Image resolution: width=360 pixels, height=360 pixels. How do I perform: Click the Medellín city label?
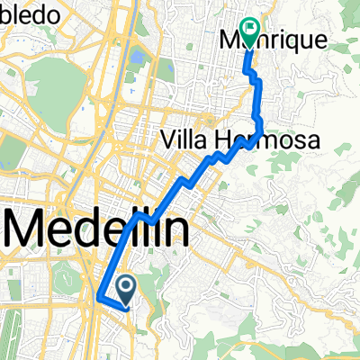(99, 230)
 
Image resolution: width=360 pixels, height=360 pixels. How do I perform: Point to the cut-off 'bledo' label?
(31, 15)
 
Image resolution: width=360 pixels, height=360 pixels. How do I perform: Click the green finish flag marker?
(249, 31)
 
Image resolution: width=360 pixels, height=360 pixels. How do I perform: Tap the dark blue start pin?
(126, 289)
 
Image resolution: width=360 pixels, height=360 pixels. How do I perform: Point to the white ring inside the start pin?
(126, 287)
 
